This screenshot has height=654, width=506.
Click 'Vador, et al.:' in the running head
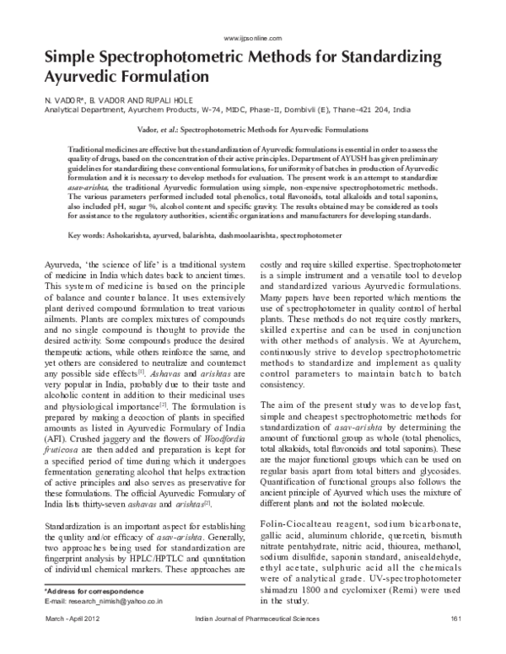[x=159, y=131]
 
